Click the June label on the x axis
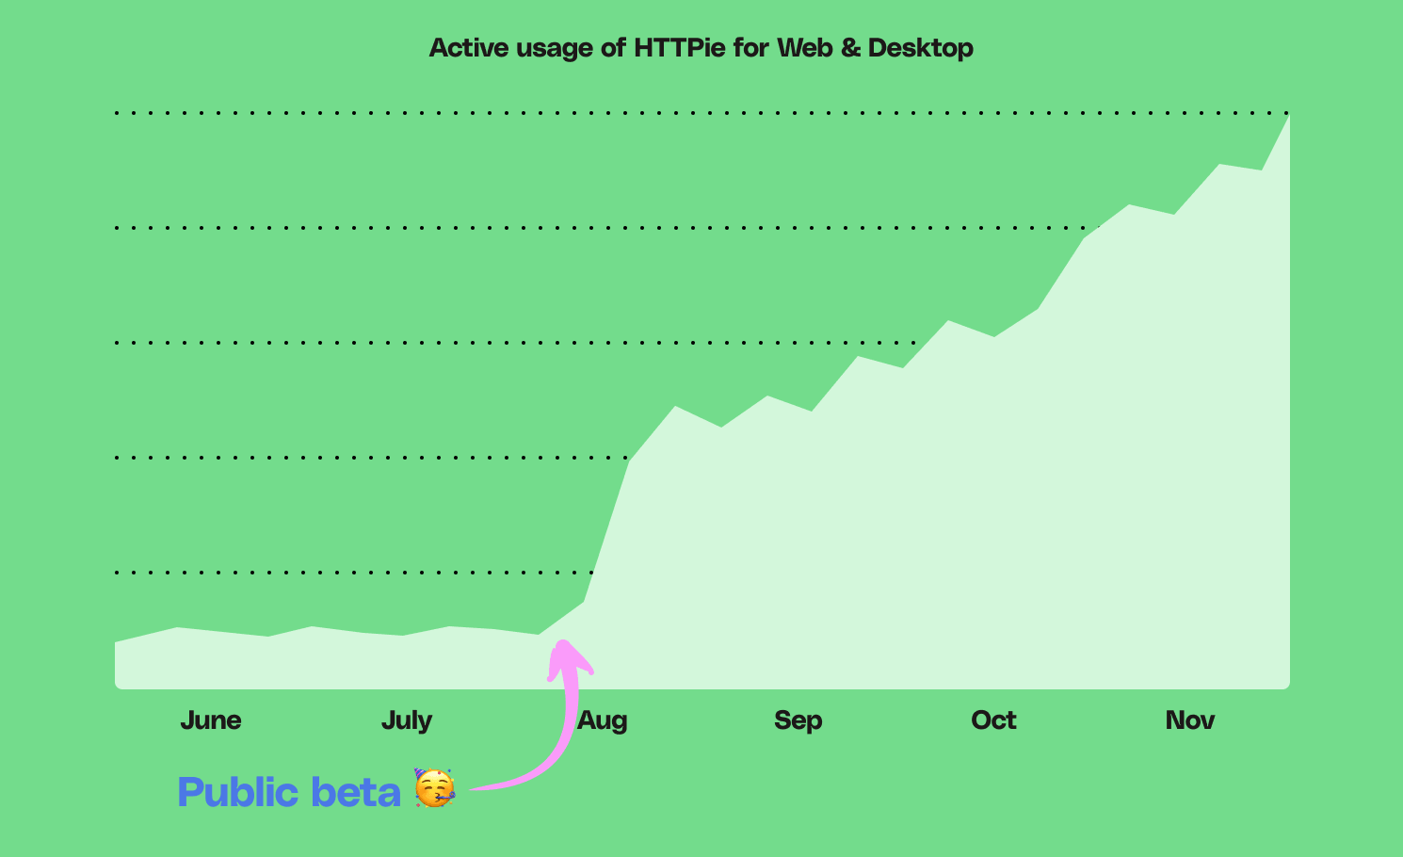click(211, 720)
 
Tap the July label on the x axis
click(407, 720)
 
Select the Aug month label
click(603, 720)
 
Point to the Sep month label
click(798, 720)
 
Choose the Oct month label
click(993, 720)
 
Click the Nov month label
click(1190, 720)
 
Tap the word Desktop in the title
click(920, 48)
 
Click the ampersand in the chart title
click(850, 48)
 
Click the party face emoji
click(434, 788)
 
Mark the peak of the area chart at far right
click(1288, 116)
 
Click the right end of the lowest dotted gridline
click(590, 572)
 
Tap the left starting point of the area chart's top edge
click(116, 642)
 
